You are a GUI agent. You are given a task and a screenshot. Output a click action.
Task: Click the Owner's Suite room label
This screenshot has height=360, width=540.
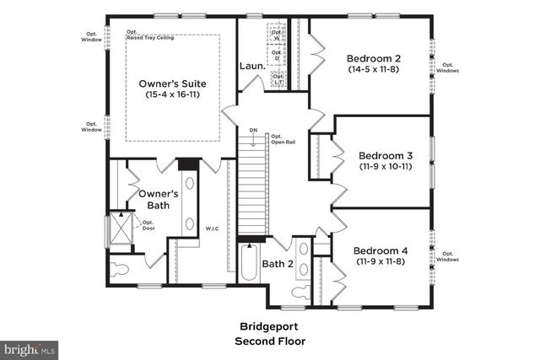[173, 83]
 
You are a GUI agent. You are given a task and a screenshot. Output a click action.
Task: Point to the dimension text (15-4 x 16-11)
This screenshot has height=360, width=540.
[173, 95]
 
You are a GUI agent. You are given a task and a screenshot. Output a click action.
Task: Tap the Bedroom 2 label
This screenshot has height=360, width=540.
[374, 58]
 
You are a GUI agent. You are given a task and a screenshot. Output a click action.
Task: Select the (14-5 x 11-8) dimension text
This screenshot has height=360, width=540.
[374, 70]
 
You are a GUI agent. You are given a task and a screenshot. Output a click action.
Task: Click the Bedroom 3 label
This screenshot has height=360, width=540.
[385, 155]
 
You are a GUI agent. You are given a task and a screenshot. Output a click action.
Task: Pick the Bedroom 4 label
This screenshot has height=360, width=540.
[380, 250]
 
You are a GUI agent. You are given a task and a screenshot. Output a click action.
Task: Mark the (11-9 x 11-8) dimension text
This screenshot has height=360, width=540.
[380, 262]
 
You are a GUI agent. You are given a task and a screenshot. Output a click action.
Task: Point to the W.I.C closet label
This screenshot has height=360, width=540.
[212, 228]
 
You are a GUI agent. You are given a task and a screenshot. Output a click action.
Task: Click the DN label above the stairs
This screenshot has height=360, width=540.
[253, 130]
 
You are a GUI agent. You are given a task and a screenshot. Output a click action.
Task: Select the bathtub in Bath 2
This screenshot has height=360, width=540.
[248, 263]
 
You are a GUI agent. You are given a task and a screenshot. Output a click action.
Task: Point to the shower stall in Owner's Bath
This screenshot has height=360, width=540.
[122, 227]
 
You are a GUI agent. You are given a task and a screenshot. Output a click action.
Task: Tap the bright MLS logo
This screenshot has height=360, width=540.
[30, 347]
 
